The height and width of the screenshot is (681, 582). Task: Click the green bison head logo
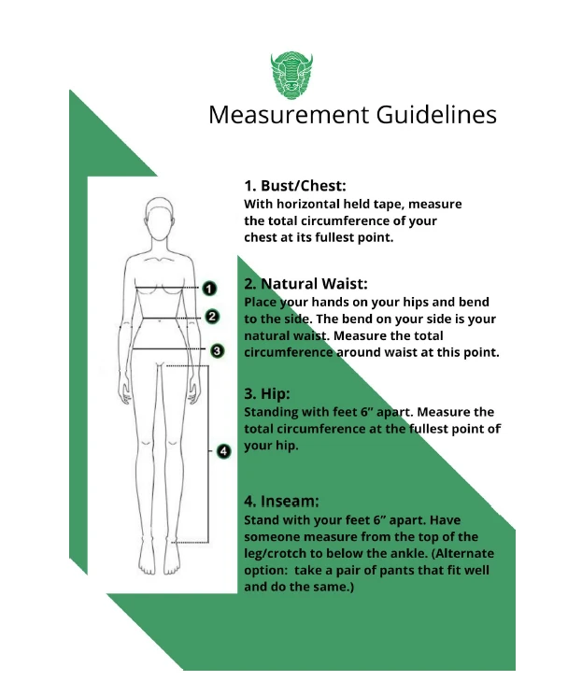click(x=291, y=76)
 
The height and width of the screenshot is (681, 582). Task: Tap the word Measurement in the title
click(x=289, y=115)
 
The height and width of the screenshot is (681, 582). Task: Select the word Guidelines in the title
click(x=436, y=115)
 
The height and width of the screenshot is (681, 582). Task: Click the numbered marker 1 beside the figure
click(x=209, y=289)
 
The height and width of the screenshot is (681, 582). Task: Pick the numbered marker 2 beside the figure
click(x=211, y=317)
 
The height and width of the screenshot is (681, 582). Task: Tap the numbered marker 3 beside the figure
click(x=217, y=350)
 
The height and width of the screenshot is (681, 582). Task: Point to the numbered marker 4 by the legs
click(x=223, y=451)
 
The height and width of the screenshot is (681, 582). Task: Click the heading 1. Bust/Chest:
click(x=295, y=186)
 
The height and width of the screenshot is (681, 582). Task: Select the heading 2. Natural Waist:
click(x=305, y=284)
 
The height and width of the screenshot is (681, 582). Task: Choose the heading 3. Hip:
click(x=266, y=394)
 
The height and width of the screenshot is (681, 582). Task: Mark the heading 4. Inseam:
click(x=281, y=502)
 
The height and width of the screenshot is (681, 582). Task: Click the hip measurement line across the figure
click(x=168, y=348)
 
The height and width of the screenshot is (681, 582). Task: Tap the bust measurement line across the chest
click(x=167, y=288)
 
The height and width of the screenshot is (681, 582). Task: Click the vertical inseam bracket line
click(x=208, y=454)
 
